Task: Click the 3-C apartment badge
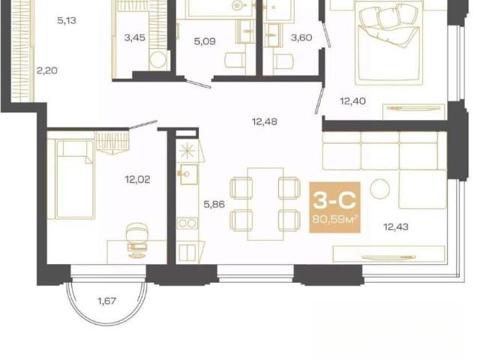pyautogui.click(x=334, y=207)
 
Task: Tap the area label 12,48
pyautogui.click(x=265, y=121)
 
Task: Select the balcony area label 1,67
pyautogui.click(x=106, y=301)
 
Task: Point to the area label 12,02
pyautogui.click(x=137, y=179)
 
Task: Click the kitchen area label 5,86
pyautogui.click(x=214, y=204)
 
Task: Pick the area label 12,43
pyautogui.click(x=396, y=227)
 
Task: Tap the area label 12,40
pyautogui.click(x=353, y=100)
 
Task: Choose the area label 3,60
pyautogui.click(x=301, y=37)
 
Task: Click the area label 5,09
pyautogui.click(x=205, y=41)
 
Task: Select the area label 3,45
pyautogui.click(x=135, y=38)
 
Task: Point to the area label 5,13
pyautogui.click(x=67, y=21)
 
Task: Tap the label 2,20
pyautogui.click(x=47, y=70)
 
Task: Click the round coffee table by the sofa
pyautogui.click(x=379, y=188)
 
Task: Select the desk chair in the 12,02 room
pyautogui.click(x=137, y=233)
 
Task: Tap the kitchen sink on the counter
pyautogui.click(x=188, y=174)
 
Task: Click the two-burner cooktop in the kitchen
pyautogui.click(x=187, y=223)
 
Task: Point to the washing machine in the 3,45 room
pyautogui.click(x=158, y=60)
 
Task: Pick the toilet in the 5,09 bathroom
pyautogui.click(x=235, y=60)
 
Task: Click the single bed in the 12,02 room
pyautogui.click(x=75, y=179)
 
